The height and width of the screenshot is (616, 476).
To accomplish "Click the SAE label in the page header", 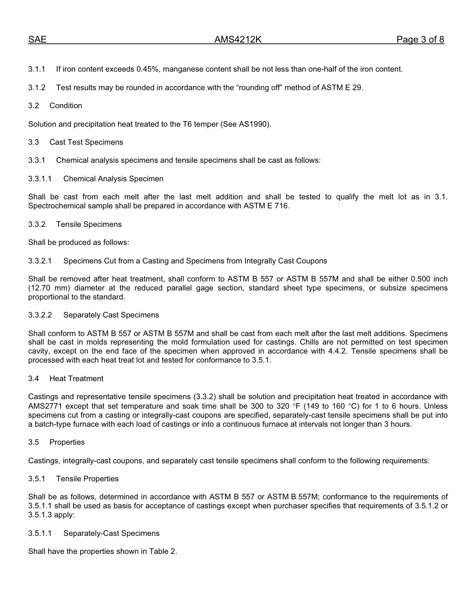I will [37, 40].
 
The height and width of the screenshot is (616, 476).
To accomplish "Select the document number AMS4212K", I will [238, 40].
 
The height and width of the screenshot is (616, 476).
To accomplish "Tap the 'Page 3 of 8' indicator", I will [420, 40].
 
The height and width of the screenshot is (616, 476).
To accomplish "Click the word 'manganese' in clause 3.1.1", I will [183, 69].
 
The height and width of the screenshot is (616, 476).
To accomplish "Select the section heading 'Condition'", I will [66, 106].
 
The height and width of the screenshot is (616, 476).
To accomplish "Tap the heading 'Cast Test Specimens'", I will [86, 142].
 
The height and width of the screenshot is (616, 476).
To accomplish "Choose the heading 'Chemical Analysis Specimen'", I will [113, 179].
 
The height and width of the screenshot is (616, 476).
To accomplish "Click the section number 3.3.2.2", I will [40, 315].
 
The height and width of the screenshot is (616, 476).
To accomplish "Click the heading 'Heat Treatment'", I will [77, 379].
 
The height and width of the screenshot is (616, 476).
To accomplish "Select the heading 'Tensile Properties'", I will [87, 479].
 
